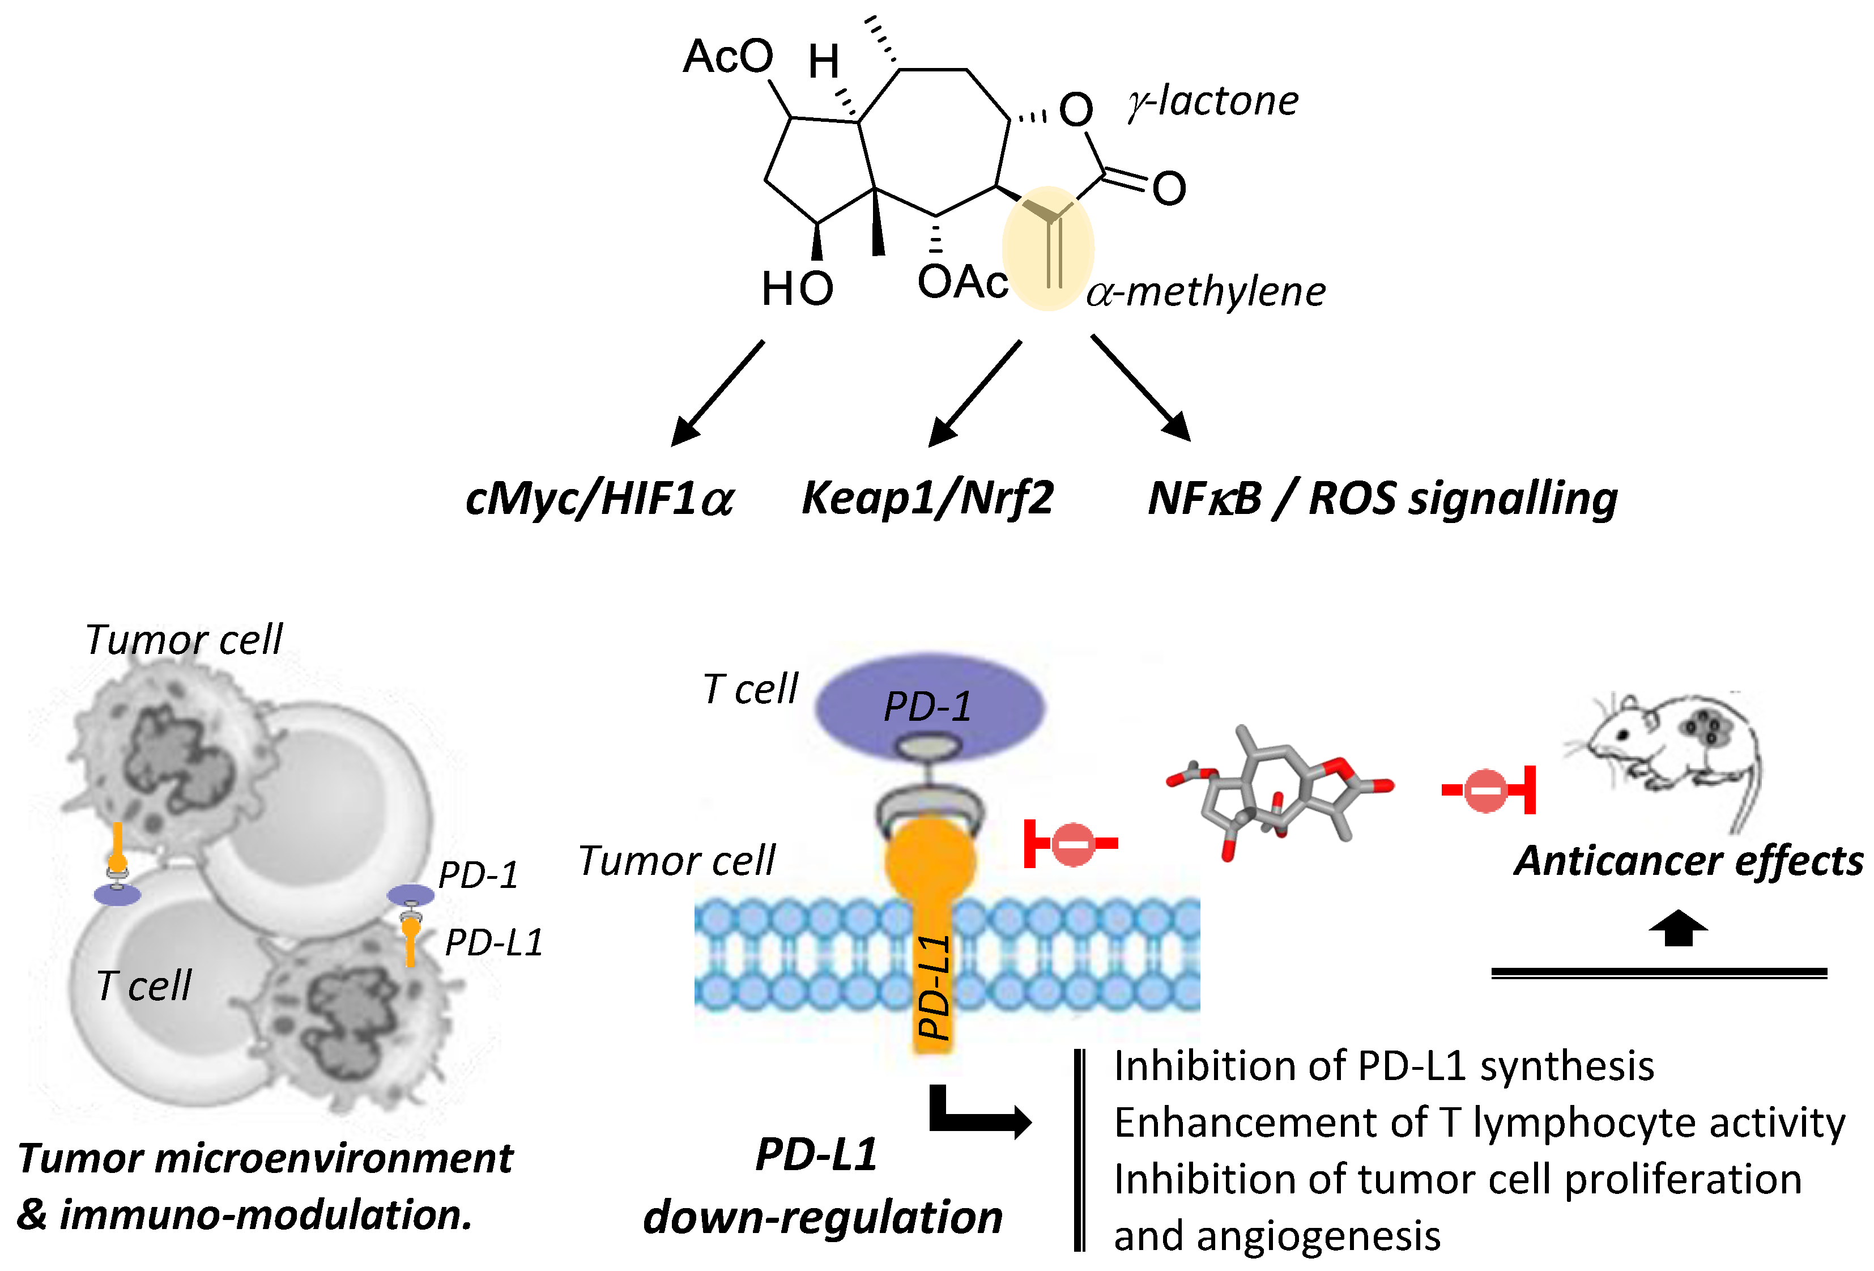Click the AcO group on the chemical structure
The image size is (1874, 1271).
click(727, 57)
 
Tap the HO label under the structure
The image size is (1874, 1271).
click(797, 289)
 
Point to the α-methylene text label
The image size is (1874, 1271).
click(1206, 292)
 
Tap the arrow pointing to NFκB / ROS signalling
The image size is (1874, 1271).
click(1141, 388)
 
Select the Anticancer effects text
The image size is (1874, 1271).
click(1689, 861)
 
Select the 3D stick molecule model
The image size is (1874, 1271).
click(1281, 791)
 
